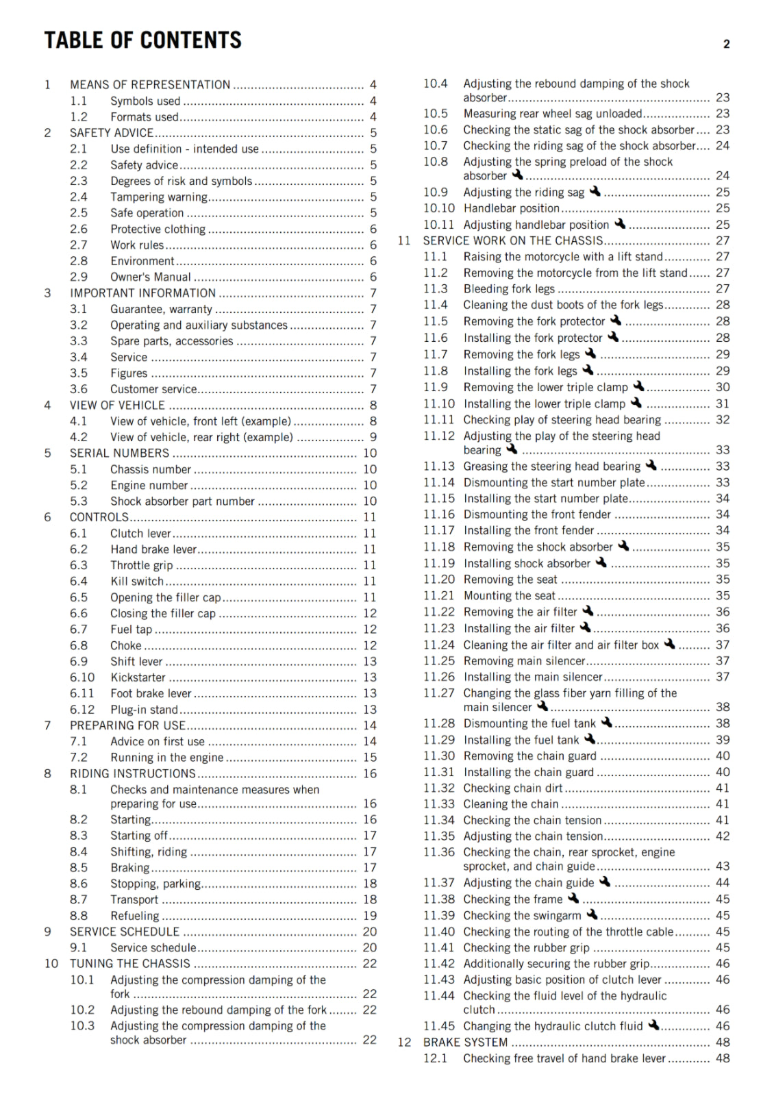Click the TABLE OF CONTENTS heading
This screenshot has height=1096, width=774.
coord(142,40)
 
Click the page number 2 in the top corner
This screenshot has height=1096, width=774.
coord(726,45)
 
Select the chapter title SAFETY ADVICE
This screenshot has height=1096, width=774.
coord(112,133)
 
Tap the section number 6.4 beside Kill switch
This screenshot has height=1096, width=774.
coord(79,582)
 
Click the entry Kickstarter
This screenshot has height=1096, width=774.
coord(138,677)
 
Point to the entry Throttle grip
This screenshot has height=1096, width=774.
coord(142,565)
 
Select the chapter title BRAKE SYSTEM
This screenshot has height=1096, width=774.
coord(465,1042)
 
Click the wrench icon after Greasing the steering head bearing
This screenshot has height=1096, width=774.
coord(651,465)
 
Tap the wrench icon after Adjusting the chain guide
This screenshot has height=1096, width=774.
coord(604,882)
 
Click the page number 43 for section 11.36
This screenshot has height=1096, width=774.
coord(722,867)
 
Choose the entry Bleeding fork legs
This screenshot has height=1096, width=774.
coord(509,289)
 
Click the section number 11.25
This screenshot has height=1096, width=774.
coord(438,661)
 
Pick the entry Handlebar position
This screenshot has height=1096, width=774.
coord(512,208)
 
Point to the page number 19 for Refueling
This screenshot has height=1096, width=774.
coord(370,916)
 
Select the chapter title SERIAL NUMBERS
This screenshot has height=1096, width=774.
coord(119,453)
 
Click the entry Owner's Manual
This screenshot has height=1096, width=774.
coord(151,277)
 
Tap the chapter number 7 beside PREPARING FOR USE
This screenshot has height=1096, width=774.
coord(47,725)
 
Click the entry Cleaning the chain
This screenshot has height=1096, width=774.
coord(511,804)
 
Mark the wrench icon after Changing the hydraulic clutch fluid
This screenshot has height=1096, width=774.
coord(653,1025)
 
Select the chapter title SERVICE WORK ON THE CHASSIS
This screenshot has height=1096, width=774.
coord(513,241)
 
